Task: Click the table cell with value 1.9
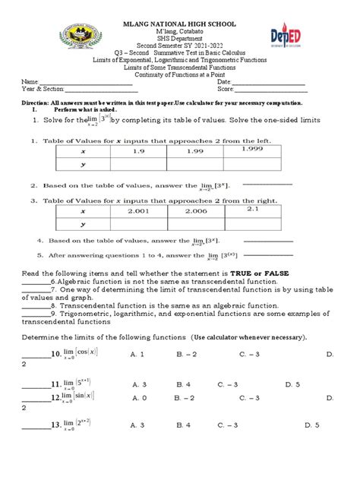138,152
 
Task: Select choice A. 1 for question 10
138,354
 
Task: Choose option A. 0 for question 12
138,397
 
